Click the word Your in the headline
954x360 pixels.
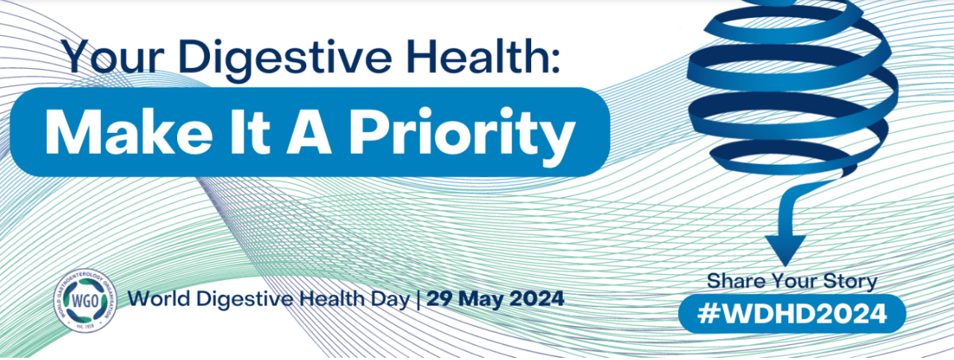(114, 57)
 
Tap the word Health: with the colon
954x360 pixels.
(483, 56)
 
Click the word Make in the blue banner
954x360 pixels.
(128, 132)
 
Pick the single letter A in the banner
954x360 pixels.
(309, 132)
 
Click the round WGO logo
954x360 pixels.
(85, 301)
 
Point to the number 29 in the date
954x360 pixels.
(440, 299)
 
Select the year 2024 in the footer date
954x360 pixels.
(536, 299)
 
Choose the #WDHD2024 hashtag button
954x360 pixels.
(792, 314)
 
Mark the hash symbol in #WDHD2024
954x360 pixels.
(707, 314)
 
